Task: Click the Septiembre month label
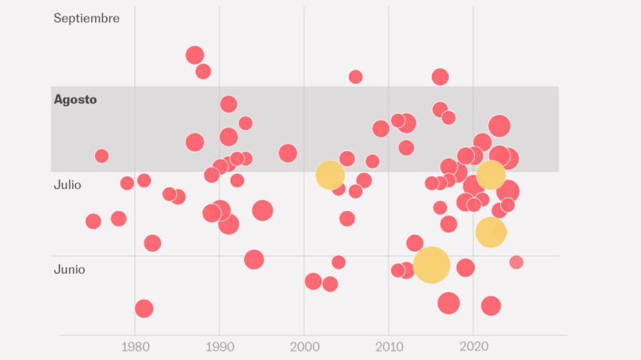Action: point(87,19)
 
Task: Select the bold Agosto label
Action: point(75,100)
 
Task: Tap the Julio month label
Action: point(67,185)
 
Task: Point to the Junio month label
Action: point(70,269)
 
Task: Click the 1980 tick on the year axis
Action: point(136,347)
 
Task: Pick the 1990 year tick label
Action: point(220,347)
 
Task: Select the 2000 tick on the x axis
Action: point(305,347)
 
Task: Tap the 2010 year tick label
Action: point(389,347)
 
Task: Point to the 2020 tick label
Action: point(474,347)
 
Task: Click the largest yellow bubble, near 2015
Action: point(431,265)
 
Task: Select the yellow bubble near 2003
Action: point(330,175)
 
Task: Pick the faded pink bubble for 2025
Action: point(516,262)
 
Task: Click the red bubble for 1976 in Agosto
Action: point(102,156)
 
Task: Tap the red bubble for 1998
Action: point(288,153)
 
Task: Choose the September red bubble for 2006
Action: point(356,77)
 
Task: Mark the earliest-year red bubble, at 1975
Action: point(93,222)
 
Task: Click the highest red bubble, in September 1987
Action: point(195,55)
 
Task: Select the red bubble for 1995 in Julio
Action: point(262,210)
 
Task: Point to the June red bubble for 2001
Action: point(313,281)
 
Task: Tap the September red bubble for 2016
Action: point(440,77)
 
